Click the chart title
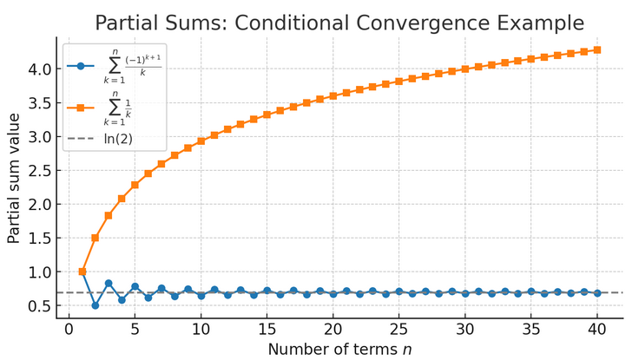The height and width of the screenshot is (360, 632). click(339, 23)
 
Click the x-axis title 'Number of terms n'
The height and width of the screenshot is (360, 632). click(339, 349)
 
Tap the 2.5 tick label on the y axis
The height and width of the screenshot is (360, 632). click(40, 170)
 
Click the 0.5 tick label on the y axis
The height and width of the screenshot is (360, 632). click(40, 305)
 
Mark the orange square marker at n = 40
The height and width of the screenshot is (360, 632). click(597, 49)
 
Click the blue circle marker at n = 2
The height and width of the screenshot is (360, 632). click(95, 305)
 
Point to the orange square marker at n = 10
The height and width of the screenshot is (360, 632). click(201, 141)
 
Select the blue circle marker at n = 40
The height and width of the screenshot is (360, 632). click(597, 293)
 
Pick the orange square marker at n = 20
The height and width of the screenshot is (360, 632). click(333, 95)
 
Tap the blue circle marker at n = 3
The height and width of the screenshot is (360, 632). click(109, 283)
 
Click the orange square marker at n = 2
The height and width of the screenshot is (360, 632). click(95, 238)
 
